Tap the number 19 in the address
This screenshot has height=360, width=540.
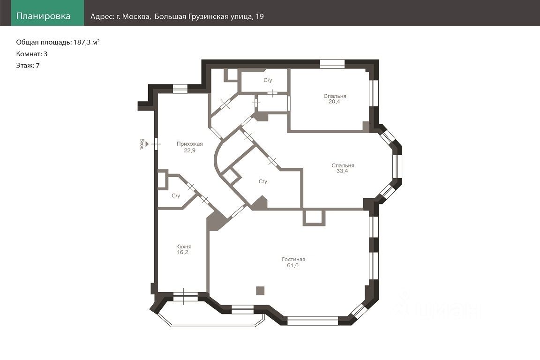(x=260, y=16)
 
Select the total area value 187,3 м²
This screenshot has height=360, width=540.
(x=86, y=42)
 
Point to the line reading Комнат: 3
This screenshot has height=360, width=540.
(x=32, y=54)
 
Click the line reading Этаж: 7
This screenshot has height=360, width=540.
(x=28, y=66)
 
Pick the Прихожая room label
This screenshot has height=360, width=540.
(x=190, y=144)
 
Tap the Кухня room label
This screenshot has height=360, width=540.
(x=184, y=247)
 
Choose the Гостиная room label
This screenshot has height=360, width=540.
(x=293, y=259)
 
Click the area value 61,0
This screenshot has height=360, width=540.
(x=292, y=266)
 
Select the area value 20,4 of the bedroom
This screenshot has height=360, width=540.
(x=334, y=102)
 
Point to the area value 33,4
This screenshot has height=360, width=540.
(x=342, y=171)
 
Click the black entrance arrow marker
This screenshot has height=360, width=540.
(x=147, y=144)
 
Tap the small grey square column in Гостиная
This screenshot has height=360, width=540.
(x=260, y=291)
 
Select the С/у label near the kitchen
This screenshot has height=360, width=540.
(x=176, y=195)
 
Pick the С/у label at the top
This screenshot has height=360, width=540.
(x=268, y=80)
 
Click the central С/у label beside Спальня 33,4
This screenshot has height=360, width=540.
(x=263, y=181)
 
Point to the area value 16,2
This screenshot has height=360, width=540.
(x=182, y=253)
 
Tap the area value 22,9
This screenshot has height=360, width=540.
(x=190, y=150)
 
